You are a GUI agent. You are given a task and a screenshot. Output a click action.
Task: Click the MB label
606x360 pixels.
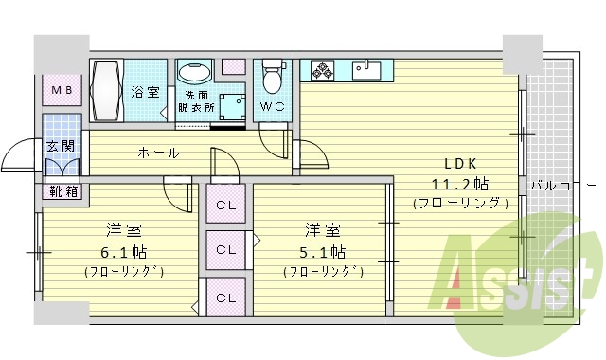[x=62, y=91]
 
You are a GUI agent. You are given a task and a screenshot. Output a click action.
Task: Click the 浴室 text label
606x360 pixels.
[x=145, y=93]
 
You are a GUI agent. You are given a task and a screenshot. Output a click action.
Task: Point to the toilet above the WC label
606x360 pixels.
[x=274, y=75]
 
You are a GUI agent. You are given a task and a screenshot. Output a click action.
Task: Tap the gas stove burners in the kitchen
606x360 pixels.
[x=321, y=69]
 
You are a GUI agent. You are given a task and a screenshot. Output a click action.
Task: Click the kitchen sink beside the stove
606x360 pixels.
[x=367, y=69]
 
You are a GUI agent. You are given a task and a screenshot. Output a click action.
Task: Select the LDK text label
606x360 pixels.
[x=448, y=161]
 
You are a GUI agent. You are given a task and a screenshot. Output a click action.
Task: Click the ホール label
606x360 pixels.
[x=158, y=153]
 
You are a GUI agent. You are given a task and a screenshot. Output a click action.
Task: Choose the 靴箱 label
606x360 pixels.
[x=63, y=191]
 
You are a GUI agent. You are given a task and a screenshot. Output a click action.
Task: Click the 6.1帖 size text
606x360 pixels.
[x=124, y=252]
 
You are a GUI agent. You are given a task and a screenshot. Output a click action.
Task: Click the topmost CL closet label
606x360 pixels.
[x=225, y=205]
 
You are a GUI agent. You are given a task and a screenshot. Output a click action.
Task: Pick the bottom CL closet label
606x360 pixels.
[x=225, y=297]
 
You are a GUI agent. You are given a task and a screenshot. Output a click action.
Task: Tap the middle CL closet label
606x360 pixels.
[x=225, y=250]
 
